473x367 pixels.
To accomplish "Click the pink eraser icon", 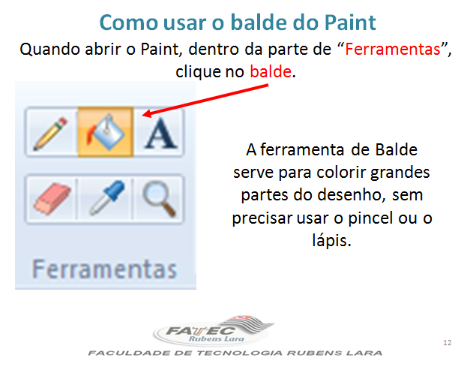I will point(50,197).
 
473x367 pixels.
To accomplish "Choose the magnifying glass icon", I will point(159,197).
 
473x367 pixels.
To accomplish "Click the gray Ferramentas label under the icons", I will point(104,268).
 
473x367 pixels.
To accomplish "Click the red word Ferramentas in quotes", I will point(396,51).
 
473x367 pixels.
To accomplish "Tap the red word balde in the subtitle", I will point(271,73).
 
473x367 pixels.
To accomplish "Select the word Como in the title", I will point(133,21).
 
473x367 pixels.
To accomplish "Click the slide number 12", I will point(448,343).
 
